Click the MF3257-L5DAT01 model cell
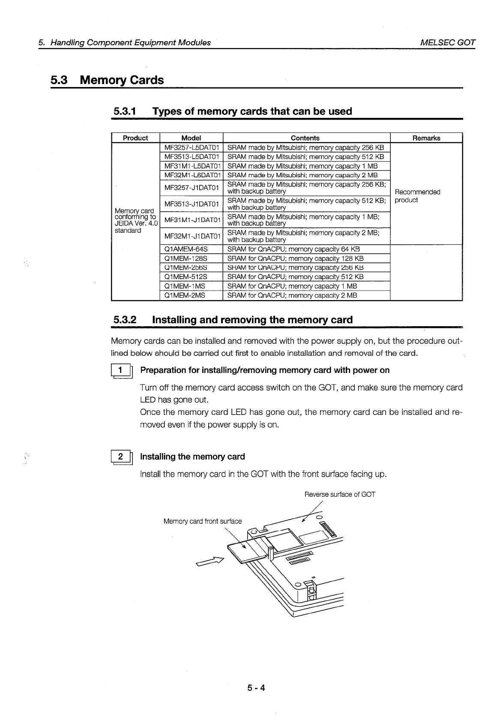click(192, 147)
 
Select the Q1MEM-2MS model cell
click(185, 295)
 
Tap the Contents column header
click(305, 138)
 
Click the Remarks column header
click(426, 138)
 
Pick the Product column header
click(135, 138)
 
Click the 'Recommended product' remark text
click(417, 196)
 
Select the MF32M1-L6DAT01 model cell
click(192, 175)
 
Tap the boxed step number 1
click(121, 371)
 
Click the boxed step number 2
click(121, 457)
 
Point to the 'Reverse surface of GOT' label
click(339, 494)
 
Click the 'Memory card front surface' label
click(202, 521)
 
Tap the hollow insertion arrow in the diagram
click(210, 562)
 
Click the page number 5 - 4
click(256, 688)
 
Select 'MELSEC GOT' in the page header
click(448, 42)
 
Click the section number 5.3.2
click(125, 320)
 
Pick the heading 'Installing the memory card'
click(192, 457)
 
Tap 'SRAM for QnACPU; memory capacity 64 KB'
click(293, 249)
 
